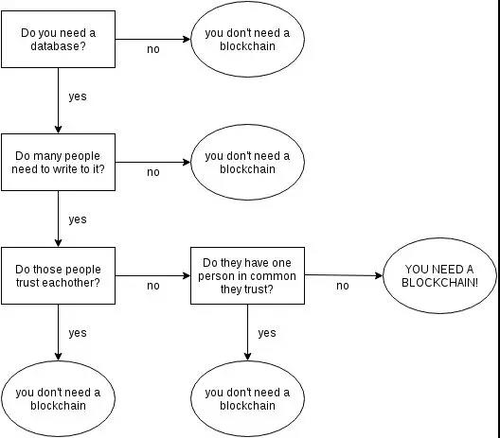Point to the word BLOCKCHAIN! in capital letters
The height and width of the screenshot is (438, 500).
439,283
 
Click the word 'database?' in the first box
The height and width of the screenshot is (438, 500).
58,46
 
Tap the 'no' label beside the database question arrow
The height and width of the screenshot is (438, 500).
153,49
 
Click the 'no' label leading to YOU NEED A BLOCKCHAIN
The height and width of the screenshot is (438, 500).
343,286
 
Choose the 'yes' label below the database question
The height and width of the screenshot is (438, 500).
78,96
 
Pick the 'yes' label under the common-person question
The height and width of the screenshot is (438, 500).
267,333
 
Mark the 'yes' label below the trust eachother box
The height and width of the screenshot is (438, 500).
78,333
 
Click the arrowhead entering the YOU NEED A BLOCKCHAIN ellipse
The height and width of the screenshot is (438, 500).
379,275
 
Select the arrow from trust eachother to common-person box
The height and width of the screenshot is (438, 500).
153,275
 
